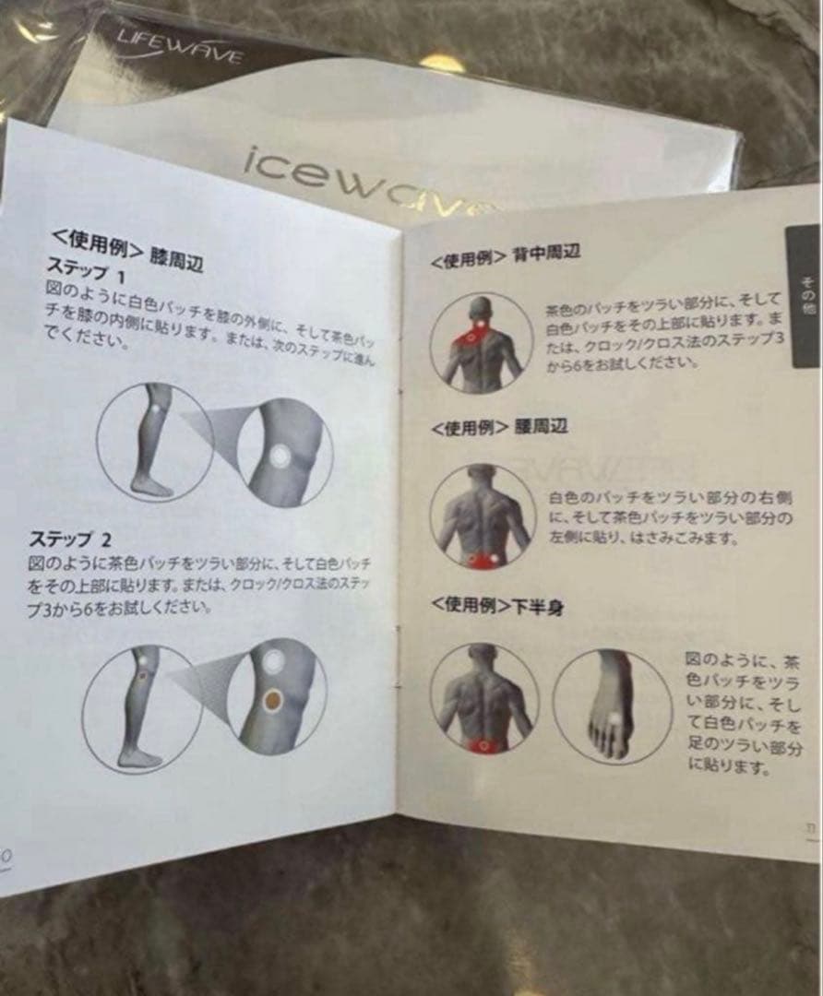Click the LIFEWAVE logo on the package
tap(179, 46)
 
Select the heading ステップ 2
tap(73, 539)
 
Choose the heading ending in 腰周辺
tap(498, 428)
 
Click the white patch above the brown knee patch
tap(274, 660)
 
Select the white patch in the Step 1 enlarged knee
tap(280, 455)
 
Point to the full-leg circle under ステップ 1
tap(153, 441)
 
